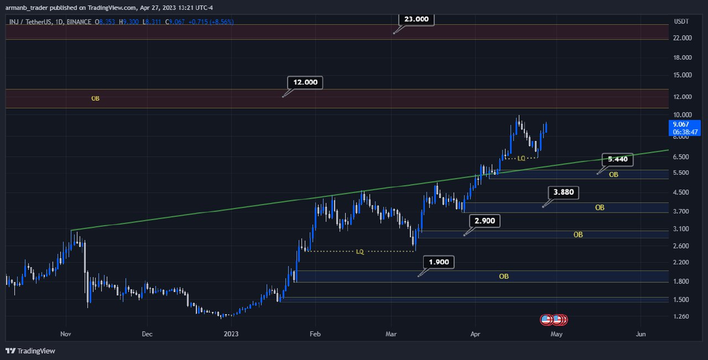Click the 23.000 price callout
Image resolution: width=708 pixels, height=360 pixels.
pos(416,19)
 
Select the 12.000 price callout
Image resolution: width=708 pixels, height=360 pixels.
pos(306,83)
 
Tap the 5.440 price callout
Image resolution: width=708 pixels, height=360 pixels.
pos(617,159)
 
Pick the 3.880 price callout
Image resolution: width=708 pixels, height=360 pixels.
pos(563,192)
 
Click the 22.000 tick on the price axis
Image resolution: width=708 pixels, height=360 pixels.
pos(683,38)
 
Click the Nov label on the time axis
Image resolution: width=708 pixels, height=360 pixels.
pos(65,334)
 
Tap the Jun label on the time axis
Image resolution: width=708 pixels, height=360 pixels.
pos(641,334)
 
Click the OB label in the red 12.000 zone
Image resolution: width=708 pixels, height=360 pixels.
pos(95,99)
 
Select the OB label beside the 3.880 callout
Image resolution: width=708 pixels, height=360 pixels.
pos(599,208)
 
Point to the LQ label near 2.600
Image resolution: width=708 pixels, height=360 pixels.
pos(360,251)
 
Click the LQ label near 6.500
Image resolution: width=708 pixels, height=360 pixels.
pos(521,158)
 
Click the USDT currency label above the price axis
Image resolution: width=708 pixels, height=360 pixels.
pos(681,21)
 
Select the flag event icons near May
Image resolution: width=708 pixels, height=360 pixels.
pos(555,320)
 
